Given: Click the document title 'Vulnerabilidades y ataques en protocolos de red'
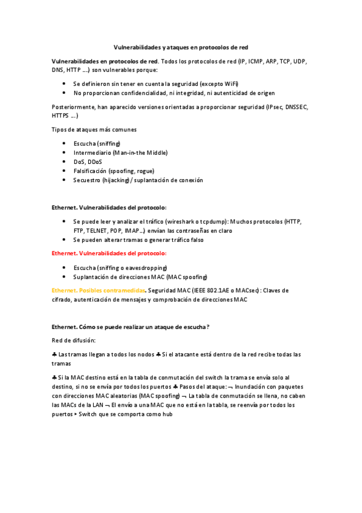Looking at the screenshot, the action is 181,47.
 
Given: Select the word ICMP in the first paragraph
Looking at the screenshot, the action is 255,62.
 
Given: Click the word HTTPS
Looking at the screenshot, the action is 61,115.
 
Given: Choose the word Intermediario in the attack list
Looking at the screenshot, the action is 92,153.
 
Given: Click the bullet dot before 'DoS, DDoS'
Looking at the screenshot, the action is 64,162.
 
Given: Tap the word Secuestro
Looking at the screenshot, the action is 88,180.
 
